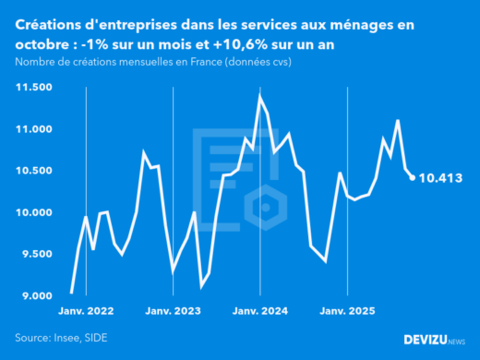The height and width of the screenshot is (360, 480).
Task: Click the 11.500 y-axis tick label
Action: coord(33,87)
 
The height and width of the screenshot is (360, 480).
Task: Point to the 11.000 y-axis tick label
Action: coord(33,129)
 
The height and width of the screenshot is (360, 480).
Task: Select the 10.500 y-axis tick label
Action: coord(33,171)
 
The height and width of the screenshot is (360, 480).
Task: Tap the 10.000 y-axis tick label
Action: coord(33,212)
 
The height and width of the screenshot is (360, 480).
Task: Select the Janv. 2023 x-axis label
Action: coord(174,311)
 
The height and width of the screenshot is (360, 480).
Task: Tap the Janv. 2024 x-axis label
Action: coord(260,311)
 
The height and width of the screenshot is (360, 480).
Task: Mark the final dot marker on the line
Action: coord(412,178)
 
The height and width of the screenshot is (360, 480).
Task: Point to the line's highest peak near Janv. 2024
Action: coord(260,95)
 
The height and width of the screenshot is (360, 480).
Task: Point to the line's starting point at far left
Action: coord(71,293)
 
